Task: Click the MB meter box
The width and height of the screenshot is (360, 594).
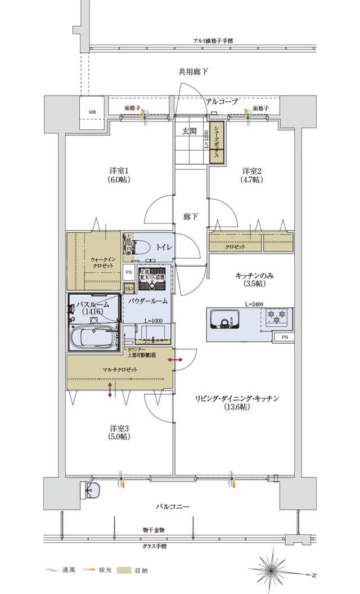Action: [x=92, y=112]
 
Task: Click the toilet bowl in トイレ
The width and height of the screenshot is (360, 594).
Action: [x=142, y=247]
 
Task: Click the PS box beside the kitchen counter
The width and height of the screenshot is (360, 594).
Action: [x=284, y=337]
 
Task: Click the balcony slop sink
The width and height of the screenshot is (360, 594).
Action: [x=92, y=490]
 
